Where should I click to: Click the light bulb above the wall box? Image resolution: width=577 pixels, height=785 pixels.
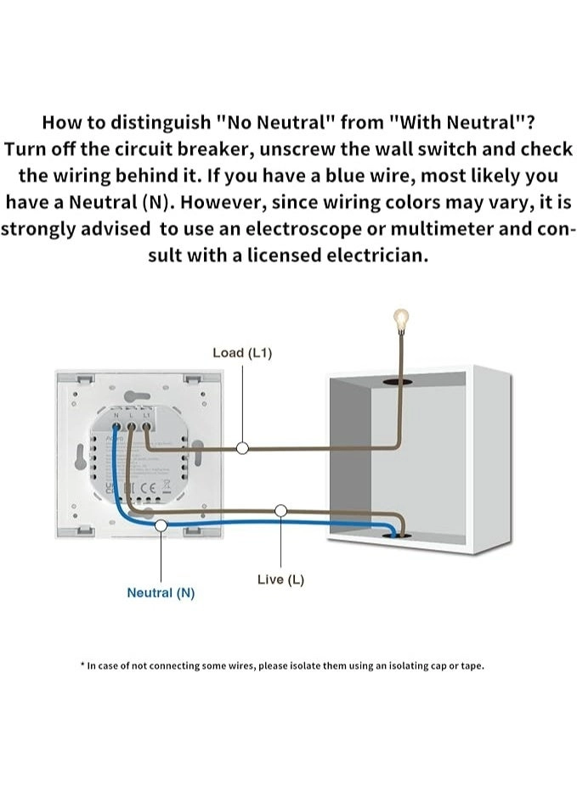400,319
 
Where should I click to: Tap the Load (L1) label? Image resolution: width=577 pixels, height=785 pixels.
242,352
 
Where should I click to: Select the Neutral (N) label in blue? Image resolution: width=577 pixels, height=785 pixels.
161,592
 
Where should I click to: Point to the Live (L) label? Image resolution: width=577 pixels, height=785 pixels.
280,579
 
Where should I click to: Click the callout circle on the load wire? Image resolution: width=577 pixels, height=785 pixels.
242,447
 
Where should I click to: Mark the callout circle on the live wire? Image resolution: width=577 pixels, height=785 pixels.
281,510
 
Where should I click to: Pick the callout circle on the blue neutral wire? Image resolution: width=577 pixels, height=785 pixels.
161,526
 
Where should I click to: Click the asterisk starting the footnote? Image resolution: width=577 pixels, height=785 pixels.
82,665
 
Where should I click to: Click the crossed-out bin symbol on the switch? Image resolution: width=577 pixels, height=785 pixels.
166,485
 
